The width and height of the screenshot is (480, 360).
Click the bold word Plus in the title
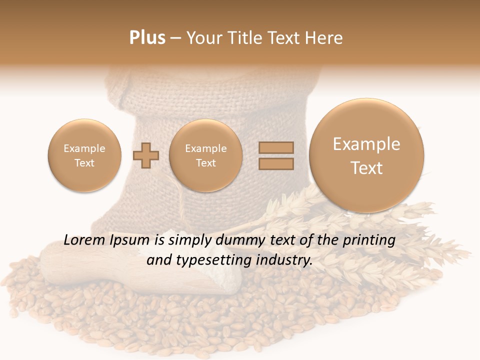tap(147, 38)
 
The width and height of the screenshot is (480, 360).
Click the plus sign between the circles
tap(146, 155)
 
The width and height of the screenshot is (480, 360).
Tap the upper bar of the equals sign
tap(276, 147)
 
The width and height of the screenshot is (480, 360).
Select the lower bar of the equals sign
tap(276, 164)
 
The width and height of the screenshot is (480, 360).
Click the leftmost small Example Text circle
tap(84, 155)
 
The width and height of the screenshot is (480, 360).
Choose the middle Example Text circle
tap(205, 155)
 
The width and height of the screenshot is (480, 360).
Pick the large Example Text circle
tap(366, 155)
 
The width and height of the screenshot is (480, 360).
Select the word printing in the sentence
tap(369, 240)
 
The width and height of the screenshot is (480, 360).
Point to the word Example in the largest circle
tap(366, 144)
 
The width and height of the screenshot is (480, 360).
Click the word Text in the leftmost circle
tap(84, 163)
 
